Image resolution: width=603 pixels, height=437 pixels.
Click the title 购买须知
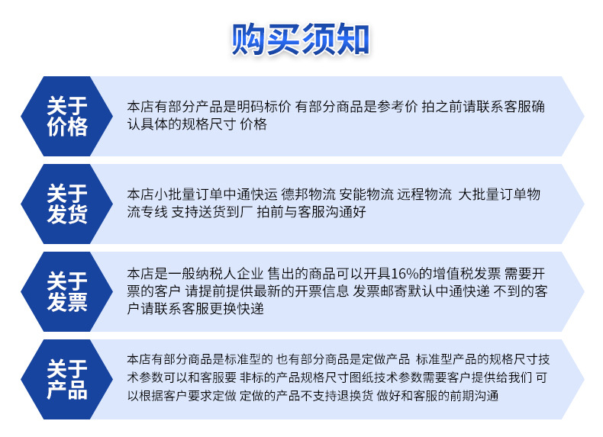[x=300, y=39]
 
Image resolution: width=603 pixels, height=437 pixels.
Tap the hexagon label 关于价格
[x=67, y=116]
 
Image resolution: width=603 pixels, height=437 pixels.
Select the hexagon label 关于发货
[x=67, y=204]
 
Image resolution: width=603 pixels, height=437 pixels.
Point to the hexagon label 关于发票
[x=67, y=291]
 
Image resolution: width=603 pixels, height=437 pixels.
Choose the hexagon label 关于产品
[x=67, y=379]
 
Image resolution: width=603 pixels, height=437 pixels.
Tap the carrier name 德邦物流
[x=308, y=194]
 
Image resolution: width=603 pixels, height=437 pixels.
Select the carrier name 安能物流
[x=366, y=194]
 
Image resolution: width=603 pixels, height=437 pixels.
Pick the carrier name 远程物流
[x=424, y=194]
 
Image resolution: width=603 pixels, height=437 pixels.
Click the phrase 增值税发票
[x=466, y=274]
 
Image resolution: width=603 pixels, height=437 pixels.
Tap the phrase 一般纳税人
[x=202, y=274]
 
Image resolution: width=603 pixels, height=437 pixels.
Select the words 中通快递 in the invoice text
[x=463, y=291]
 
